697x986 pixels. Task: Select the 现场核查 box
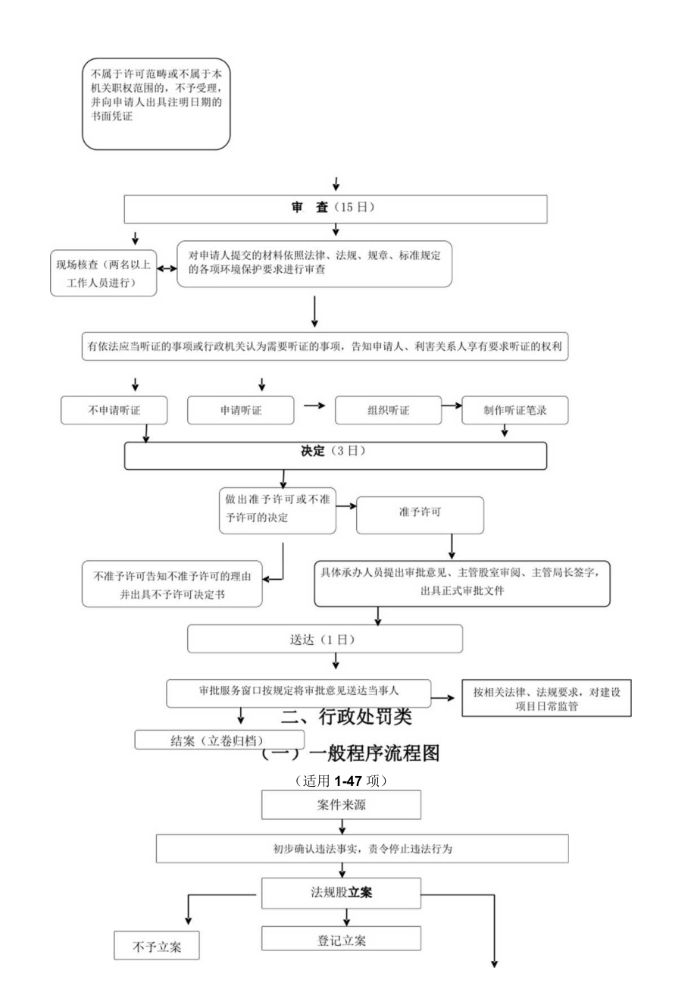(x=104, y=274)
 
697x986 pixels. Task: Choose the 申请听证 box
(x=241, y=410)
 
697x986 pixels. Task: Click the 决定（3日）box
(x=335, y=455)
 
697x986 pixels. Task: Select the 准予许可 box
(x=420, y=515)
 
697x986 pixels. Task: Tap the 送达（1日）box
(x=324, y=639)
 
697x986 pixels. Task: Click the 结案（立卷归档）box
(x=219, y=740)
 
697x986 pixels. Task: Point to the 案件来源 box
(x=341, y=805)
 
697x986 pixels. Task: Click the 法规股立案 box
(x=341, y=893)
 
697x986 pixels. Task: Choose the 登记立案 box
(x=341, y=938)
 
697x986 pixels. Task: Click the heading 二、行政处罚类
(x=346, y=716)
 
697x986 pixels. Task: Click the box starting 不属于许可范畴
(x=156, y=104)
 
